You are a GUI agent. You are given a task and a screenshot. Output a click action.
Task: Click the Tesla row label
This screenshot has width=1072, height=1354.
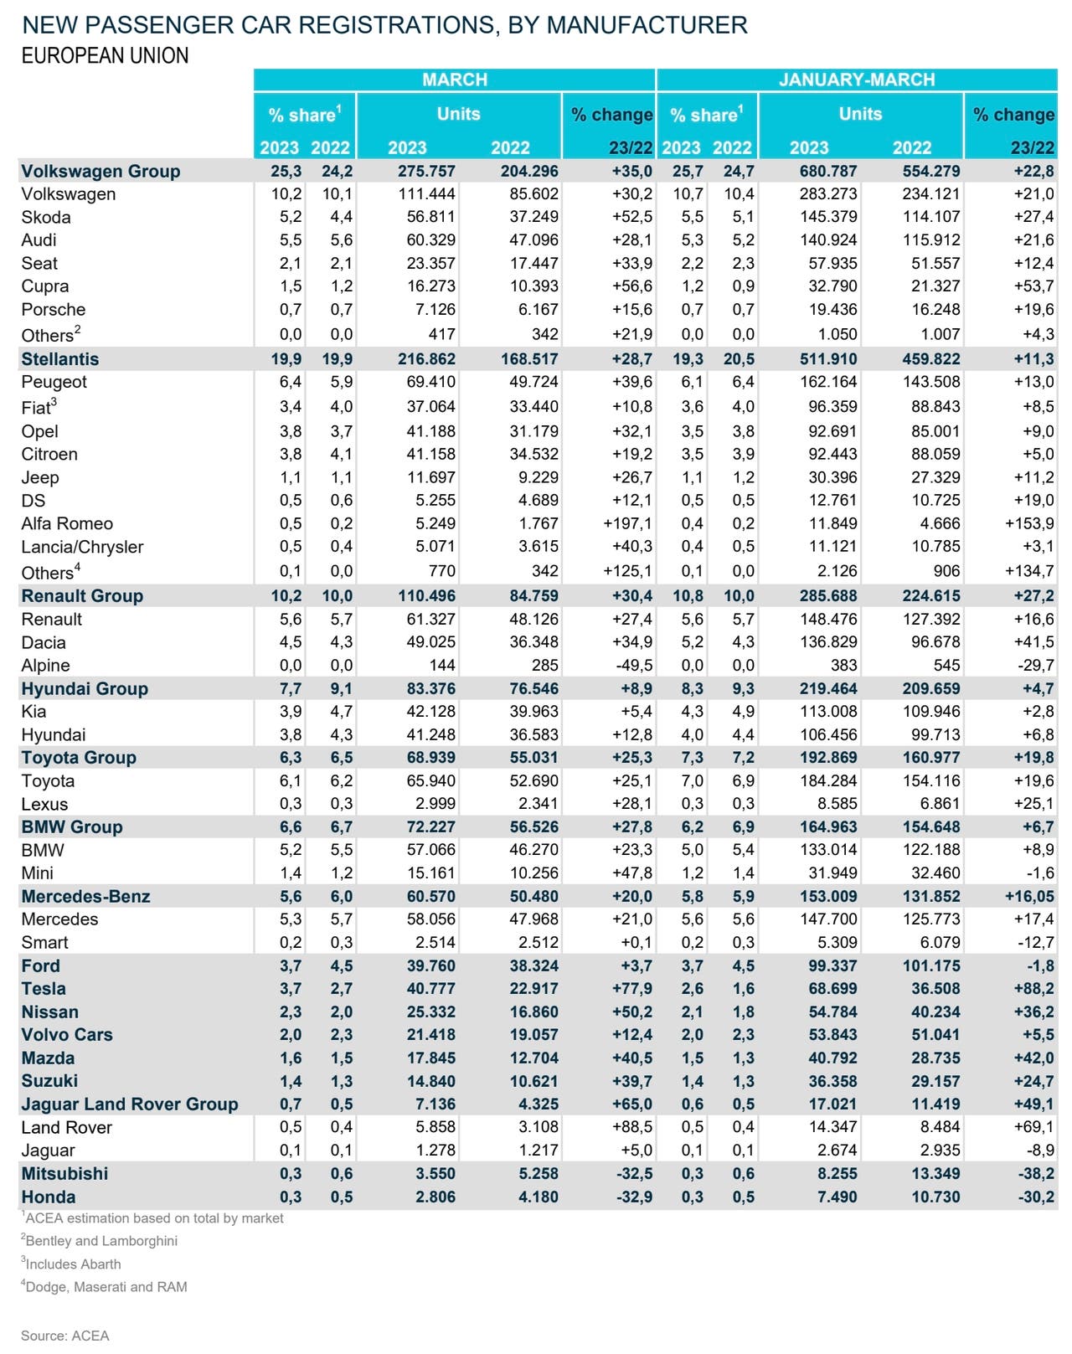pyautogui.click(x=44, y=988)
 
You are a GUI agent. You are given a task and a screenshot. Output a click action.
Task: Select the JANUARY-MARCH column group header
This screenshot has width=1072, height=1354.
pyautogui.click(x=857, y=80)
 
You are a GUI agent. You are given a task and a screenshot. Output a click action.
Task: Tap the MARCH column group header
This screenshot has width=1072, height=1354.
pyautogui.click(x=455, y=80)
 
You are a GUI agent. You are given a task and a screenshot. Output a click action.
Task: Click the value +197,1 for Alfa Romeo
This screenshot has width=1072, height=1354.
pyautogui.click(x=627, y=523)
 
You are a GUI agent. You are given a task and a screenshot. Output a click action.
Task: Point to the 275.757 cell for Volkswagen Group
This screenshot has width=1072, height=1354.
pyautogui.click(x=426, y=171)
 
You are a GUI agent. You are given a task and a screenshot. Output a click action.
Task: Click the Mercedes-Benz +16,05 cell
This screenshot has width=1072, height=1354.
pyautogui.click(x=1030, y=896)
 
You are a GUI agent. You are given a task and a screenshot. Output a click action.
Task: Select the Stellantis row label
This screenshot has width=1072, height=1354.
pyautogui.click(x=59, y=359)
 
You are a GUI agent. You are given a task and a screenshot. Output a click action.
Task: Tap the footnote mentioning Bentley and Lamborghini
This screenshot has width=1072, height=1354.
pyautogui.click(x=100, y=1241)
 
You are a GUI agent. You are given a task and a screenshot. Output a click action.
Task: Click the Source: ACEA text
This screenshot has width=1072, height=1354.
pyautogui.click(x=64, y=1336)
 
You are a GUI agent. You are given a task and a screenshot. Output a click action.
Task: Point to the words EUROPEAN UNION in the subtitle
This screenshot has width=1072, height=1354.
pyautogui.click(x=106, y=56)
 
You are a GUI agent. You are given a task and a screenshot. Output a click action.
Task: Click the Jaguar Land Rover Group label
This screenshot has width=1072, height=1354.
pyautogui.click(x=130, y=1104)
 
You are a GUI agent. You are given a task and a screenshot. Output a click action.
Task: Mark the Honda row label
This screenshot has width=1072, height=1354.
pyautogui.click(x=48, y=1197)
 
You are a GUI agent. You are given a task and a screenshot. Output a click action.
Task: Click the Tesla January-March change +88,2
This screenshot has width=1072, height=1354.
pyautogui.click(x=1034, y=988)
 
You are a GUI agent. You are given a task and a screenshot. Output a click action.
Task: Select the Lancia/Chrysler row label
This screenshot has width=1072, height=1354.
pyautogui.click(x=82, y=547)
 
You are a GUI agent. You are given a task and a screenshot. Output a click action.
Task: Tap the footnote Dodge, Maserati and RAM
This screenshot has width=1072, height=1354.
pyautogui.click(x=104, y=1287)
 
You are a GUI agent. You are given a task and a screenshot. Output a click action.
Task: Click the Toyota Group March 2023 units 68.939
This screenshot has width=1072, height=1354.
pyautogui.click(x=431, y=758)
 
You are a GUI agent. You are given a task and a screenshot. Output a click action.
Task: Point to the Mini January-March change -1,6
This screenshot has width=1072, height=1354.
pyautogui.click(x=1040, y=873)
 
